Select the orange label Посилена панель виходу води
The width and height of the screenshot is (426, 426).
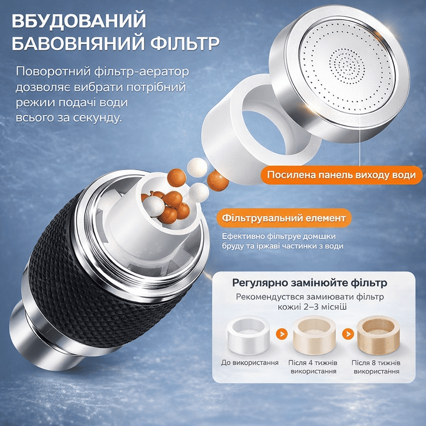pos(342,175)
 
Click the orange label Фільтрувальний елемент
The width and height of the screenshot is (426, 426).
pos(284,218)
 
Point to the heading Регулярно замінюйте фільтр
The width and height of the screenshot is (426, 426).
pos(310,283)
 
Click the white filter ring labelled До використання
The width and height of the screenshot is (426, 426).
pos(248,335)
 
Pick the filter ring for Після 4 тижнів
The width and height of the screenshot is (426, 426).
pos(314,335)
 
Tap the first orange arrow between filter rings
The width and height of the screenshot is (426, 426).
pos(282,333)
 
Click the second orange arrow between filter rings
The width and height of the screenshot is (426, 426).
pos(348,333)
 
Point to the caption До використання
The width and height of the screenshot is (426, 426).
pos(250,363)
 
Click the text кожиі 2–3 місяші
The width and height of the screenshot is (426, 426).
pos(312,307)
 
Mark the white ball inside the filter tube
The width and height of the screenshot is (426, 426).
pos(154,206)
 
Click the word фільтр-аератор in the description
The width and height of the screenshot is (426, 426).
pos(141,72)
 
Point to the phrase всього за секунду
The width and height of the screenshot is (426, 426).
pos(69,118)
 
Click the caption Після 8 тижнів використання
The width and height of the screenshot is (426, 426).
pos(376,367)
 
